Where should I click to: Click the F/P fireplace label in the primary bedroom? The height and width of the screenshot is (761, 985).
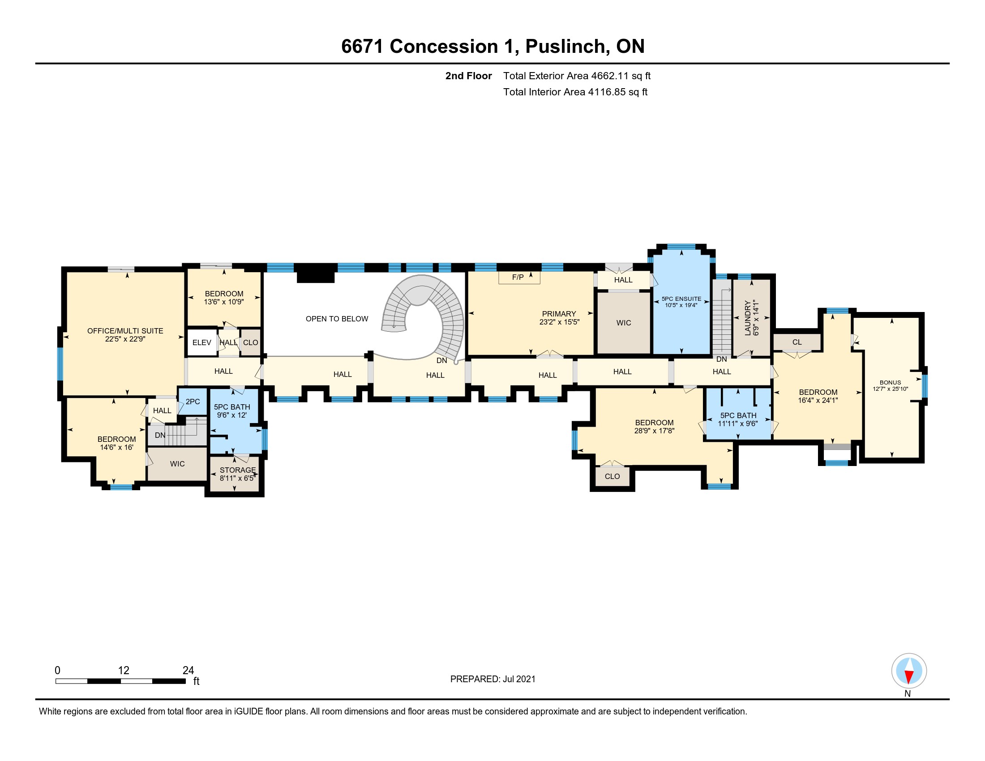click(518, 277)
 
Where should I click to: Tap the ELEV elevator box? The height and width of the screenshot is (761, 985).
click(201, 342)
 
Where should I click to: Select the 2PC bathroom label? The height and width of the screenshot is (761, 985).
click(193, 402)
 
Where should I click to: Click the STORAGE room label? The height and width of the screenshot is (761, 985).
click(238, 470)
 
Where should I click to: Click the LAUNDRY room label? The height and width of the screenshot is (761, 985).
click(748, 318)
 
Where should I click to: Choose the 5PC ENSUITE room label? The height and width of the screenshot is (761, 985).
click(681, 299)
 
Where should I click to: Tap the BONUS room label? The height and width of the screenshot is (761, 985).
click(890, 382)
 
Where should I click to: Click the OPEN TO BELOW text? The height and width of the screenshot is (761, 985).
click(337, 319)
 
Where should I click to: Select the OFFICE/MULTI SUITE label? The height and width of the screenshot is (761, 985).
click(125, 331)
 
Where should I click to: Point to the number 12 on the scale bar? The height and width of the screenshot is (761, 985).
click(124, 671)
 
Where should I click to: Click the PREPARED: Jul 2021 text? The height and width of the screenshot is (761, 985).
click(493, 679)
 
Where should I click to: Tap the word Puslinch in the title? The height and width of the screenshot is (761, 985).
click(565, 47)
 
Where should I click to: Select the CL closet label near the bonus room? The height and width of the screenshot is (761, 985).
click(797, 342)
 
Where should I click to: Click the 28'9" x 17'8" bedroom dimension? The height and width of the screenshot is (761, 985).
click(655, 431)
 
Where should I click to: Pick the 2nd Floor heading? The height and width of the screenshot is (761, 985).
click(469, 76)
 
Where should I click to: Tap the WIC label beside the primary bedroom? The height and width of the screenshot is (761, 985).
click(624, 323)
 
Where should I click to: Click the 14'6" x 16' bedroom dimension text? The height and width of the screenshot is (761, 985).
click(117, 447)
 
